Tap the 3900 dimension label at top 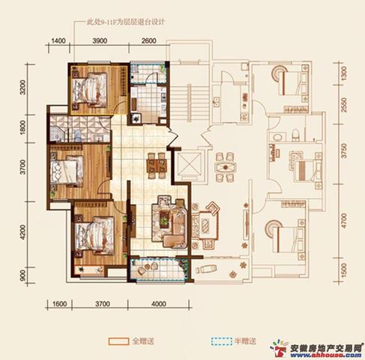click(x=100, y=40)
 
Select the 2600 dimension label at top click(x=148, y=40)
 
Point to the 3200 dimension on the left click(x=23, y=87)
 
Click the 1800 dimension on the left click(x=23, y=127)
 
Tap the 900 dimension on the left click(x=23, y=275)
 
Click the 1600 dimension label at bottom click(x=60, y=304)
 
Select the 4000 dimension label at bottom click(x=159, y=304)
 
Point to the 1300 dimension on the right click(x=344, y=73)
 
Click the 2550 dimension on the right click(x=344, y=105)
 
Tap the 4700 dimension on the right click(x=344, y=220)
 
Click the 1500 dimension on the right click(x=344, y=270)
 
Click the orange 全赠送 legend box click(x=118, y=341)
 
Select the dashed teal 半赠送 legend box click(x=221, y=341)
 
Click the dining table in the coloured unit click(x=157, y=165)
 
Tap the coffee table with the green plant click(x=164, y=219)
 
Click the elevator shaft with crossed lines click(x=190, y=163)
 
